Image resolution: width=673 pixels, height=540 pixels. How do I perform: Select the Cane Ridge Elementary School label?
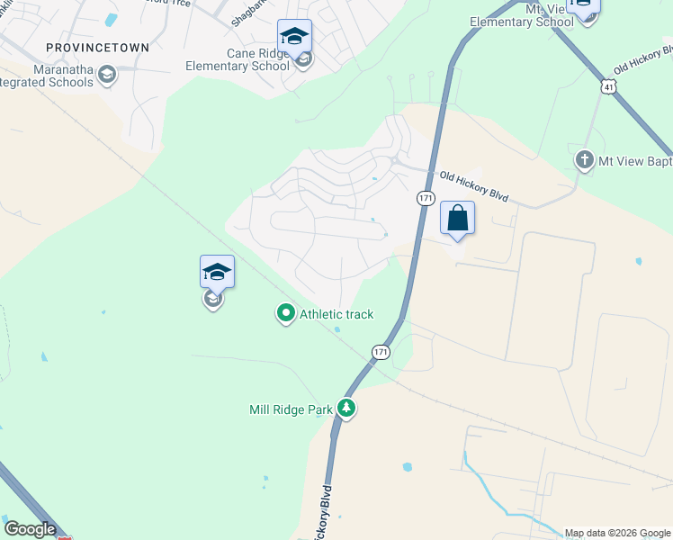click(238, 59)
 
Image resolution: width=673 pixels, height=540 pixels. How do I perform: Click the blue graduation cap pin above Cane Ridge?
click(294, 37)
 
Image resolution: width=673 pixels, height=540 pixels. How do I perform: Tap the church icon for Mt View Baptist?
click(584, 161)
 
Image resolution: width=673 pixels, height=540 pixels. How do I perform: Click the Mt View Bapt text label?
click(633, 161)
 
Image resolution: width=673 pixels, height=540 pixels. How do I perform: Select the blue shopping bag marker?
click(457, 219)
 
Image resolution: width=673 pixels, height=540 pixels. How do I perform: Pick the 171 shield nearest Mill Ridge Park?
click(381, 352)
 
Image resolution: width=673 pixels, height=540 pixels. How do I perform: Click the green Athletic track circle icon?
click(286, 313)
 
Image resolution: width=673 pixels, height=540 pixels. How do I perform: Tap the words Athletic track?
click(336, 314)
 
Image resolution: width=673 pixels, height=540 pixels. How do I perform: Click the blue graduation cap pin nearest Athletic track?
click(217, 272)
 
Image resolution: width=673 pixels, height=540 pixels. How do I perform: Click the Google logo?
click(30, 529)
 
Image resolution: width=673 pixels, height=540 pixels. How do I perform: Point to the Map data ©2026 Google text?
click(617, 533)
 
